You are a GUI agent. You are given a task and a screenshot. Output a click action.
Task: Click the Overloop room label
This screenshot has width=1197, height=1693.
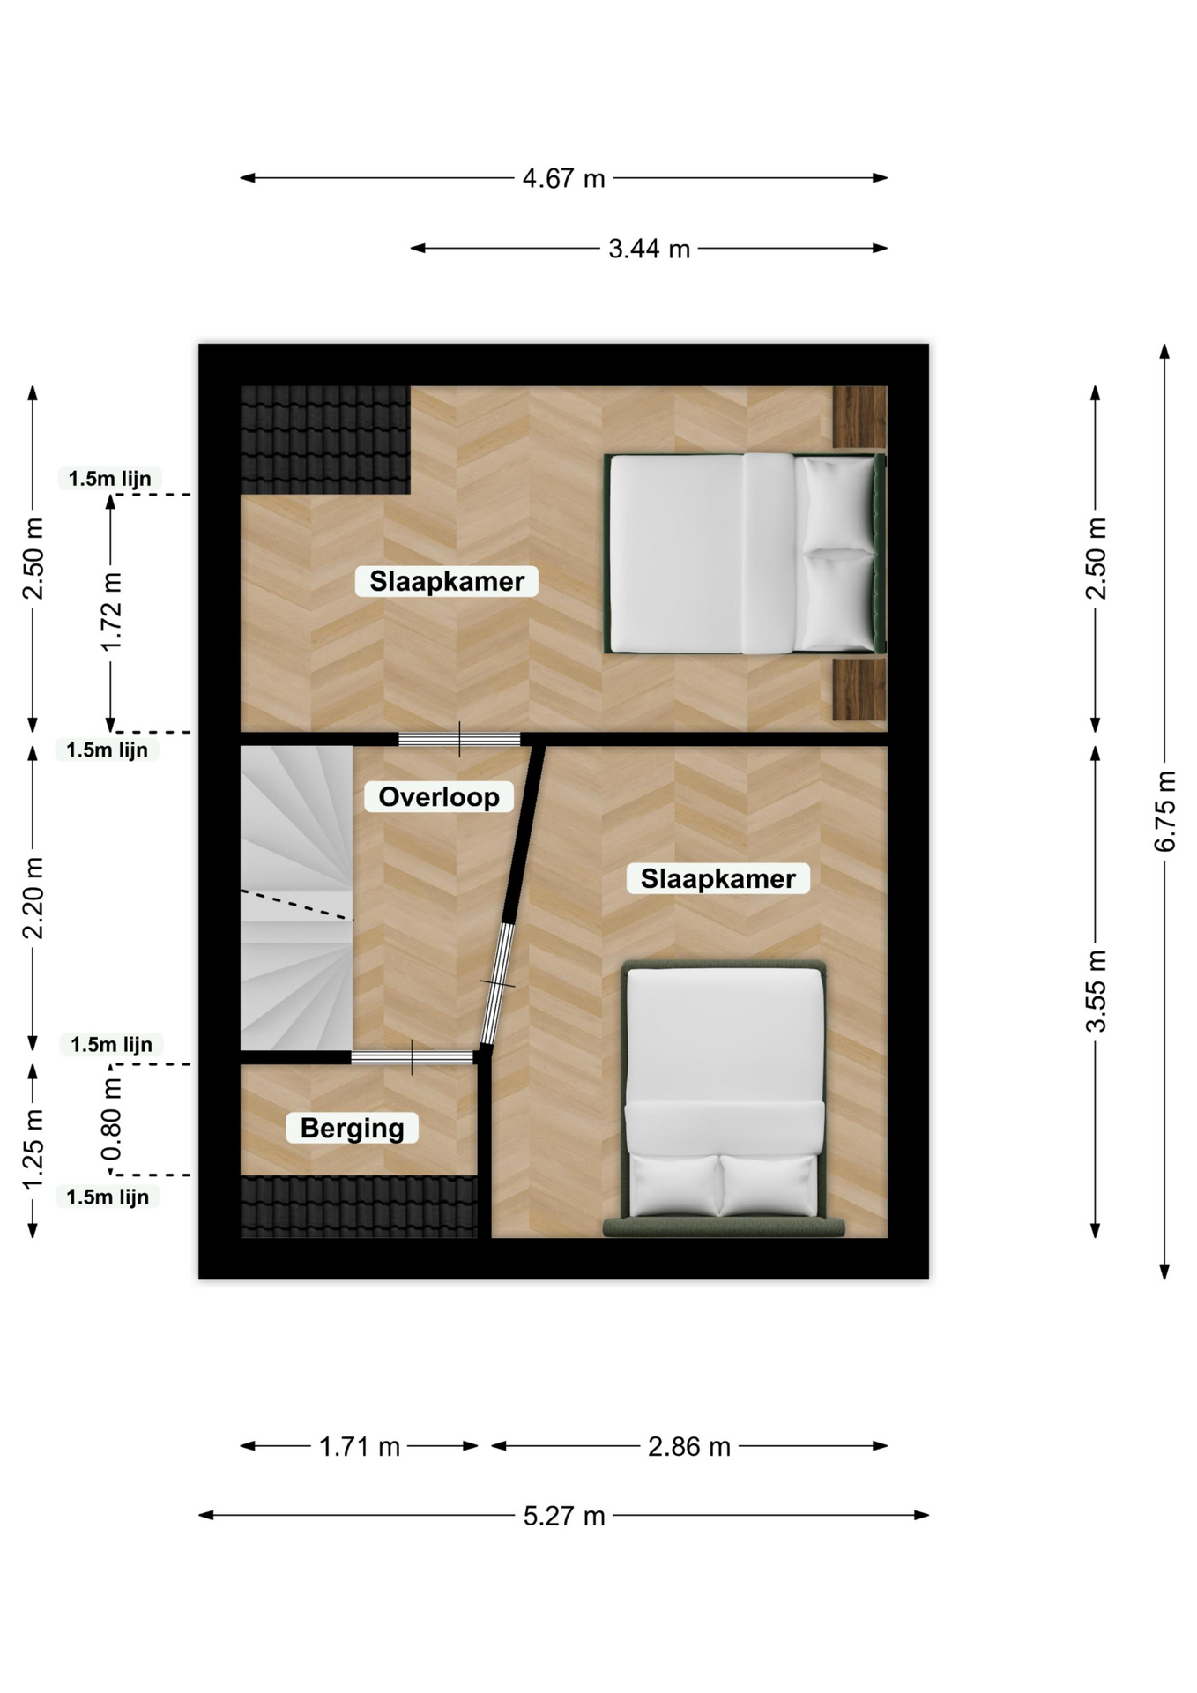pyautogui.click(x=439, y=796)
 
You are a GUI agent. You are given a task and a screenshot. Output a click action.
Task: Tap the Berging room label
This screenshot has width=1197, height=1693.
pyautogui.click(x=352, y=1128)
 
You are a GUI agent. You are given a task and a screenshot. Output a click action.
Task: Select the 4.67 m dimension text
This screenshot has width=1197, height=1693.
pyautogui.click(x=563, y=178)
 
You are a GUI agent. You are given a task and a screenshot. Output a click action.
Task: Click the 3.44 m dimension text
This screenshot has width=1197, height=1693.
pyautogui.click(x=649, y=249)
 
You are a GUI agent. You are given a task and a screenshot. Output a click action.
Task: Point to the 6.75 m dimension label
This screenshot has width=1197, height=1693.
pyautogui.click(x=1164, y=810)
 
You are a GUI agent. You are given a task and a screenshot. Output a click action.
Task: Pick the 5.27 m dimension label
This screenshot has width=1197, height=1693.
pyautogui.click(x=564, y=1516)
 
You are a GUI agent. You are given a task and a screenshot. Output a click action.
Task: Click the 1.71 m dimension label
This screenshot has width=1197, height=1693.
pyautogui.click(x=360, y=1446)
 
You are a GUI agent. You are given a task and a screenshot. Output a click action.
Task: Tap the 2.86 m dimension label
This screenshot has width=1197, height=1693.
pyautogui.click(x=689, y=1446)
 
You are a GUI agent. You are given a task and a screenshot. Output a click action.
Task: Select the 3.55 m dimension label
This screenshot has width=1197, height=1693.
pyautogui.click(x=1096, y=991)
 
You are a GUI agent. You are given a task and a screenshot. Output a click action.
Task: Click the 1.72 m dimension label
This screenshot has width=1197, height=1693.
pyautogui.click(x=111, y=612)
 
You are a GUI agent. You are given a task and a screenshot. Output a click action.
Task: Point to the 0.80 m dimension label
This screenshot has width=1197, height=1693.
pyautogui.click(x=111, y=1120)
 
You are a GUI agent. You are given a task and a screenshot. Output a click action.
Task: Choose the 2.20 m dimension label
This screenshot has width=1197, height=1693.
pyautogui.click(x=33, y=898)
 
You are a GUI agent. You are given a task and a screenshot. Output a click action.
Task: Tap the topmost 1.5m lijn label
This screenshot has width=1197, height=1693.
pyautogui.click(x=110, y=479)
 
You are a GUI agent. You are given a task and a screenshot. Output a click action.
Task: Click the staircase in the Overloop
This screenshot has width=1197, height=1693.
pyautogui.click(x=297, y=898)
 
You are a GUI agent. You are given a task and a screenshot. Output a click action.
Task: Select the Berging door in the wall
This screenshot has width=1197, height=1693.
pyautogui.click(x=413, y=1057)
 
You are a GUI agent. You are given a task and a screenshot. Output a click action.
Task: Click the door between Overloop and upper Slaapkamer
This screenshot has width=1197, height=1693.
pyautogui.click(x=459, y=739)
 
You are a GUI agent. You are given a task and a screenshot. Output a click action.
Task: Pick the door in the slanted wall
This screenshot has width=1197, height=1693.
pyautogui.click(x=497, y=983)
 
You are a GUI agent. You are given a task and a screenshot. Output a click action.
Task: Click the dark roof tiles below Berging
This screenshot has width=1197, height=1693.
pyautogui.click(x=359, y=1206)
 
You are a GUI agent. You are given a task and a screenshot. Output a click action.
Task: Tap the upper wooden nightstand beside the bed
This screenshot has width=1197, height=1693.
pyautogui.click(x=860, y=416)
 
